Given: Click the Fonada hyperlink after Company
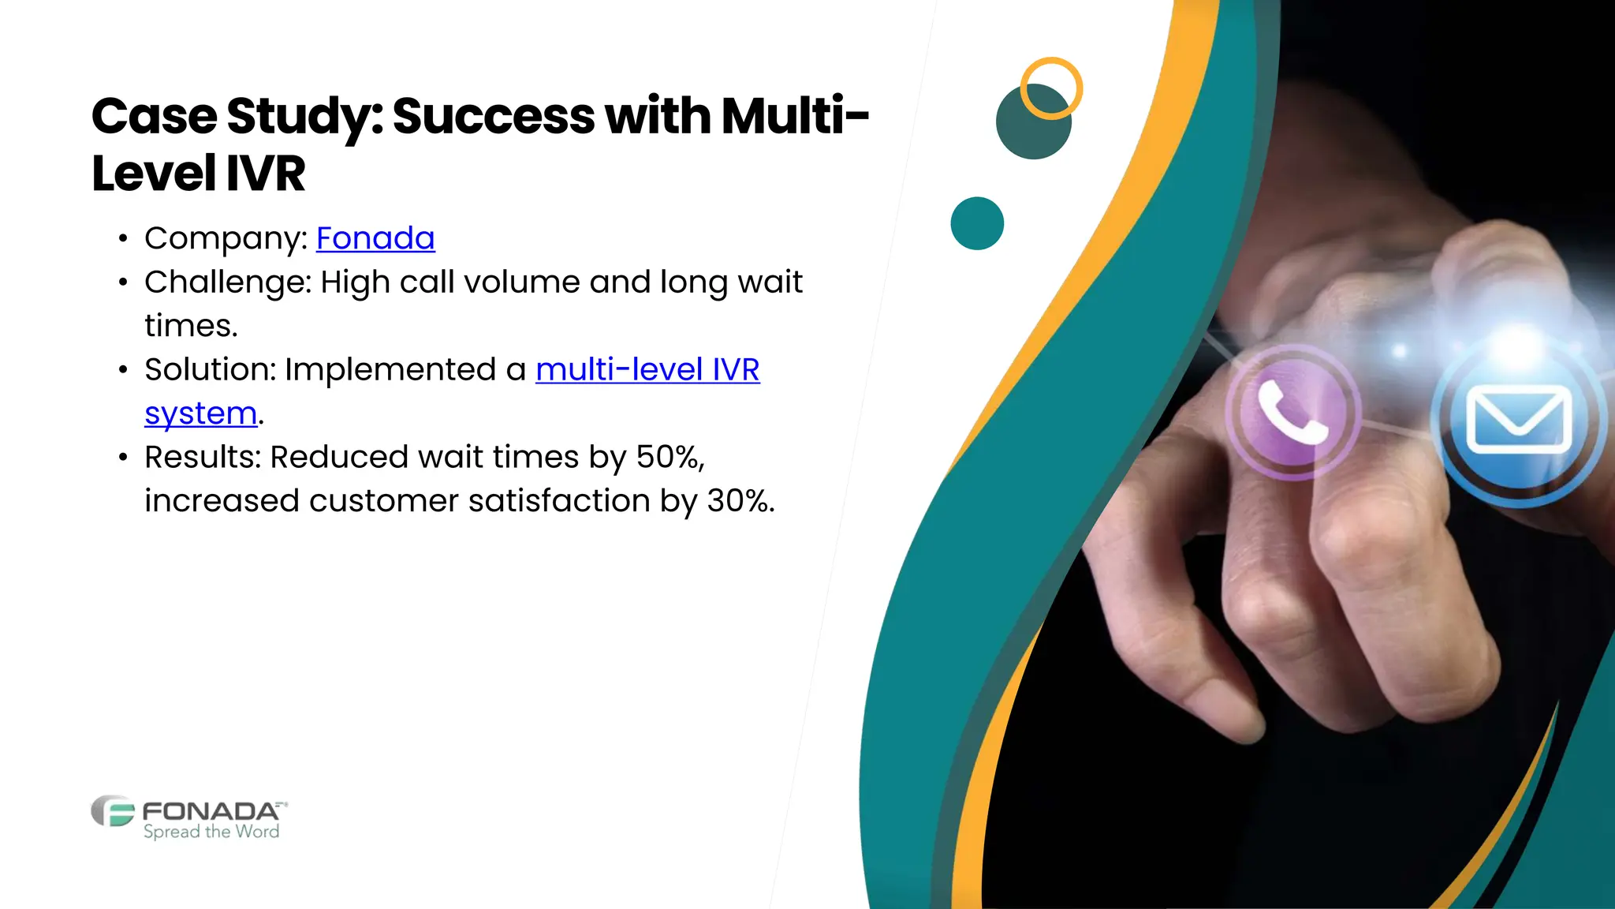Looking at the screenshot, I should pyautogui.click(x=375, y=238).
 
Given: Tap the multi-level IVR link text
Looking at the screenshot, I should pyautogui.click(x=647, y=369).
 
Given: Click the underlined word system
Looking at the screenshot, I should pyautogui.click(x=201, y=413).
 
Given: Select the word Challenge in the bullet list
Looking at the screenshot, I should pyautogui.click(x=227, y=282).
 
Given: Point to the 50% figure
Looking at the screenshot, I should pyautogui.click(x=669, y=457).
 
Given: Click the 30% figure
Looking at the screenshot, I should pyautogui.click(x=739, y=501).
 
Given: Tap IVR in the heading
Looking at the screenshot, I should pyautogui.click(x=265, y=174).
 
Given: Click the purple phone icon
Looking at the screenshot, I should pyautogui.click(x=1292, y=411).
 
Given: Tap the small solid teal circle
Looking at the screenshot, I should pyautogui.click(x=977, y=223).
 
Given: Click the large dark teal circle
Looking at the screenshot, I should pyautogui.click(x=1028, y=130).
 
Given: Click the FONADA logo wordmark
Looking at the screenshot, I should pyautogui.click(x=211, y=811).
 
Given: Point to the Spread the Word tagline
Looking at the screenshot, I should pyautogui.click(x=211, y=832).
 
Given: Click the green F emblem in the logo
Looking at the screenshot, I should pyautogui.click(x=113, y=811).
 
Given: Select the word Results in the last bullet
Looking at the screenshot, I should pyautogui.click(x=202, y=457).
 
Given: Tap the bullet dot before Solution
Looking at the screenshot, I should pyautogui.click(x=122, y=370).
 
